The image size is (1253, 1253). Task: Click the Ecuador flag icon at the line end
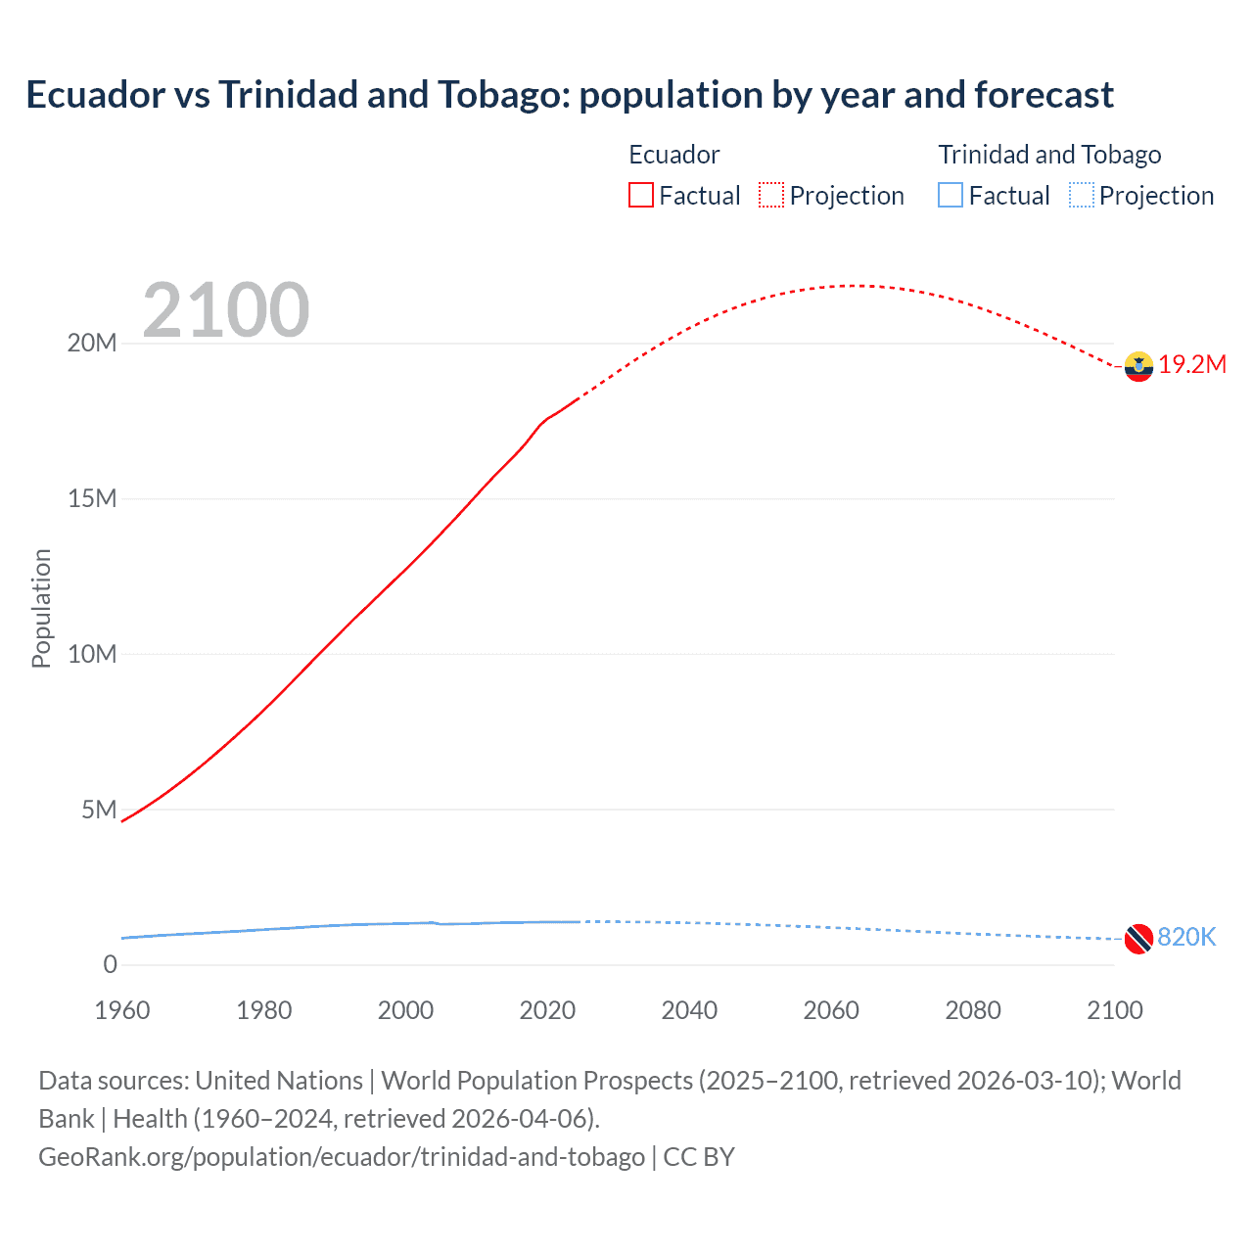click(x=1138, y=366)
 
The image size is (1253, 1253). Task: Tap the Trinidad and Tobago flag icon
click(x=1138, y=939)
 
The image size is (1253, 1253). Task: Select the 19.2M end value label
click(x=1192, y=365)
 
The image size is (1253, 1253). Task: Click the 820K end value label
click(x=1186, y=938)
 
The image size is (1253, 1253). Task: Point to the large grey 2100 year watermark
click(x=226, y=310)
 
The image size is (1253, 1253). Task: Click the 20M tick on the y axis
click(x=92, y=344)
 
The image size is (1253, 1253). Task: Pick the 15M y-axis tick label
click(x=92, y=499)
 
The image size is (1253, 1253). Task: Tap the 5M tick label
click(x=99, y=811)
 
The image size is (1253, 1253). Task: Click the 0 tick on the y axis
click(x=110, y=965)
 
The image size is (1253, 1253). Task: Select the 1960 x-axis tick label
click(x=122, y=1011)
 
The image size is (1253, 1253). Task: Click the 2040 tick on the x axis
click(x=689, y=1011)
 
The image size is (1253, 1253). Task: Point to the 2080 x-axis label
click(x=973, y=1011)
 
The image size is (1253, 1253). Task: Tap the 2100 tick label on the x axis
click(x=1114, y=1011)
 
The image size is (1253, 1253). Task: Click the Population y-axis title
click(x=41, y=608)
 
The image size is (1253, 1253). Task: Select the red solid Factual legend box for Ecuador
click(x=641, y=196)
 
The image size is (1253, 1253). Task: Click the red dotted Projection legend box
click(x=771, y=196)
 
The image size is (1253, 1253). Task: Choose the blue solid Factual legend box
click(x=951, y=196)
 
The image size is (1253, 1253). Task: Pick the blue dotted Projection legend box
click(x=1081, y=196)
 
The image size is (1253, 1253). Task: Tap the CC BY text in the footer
click(x=699, y=1157)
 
